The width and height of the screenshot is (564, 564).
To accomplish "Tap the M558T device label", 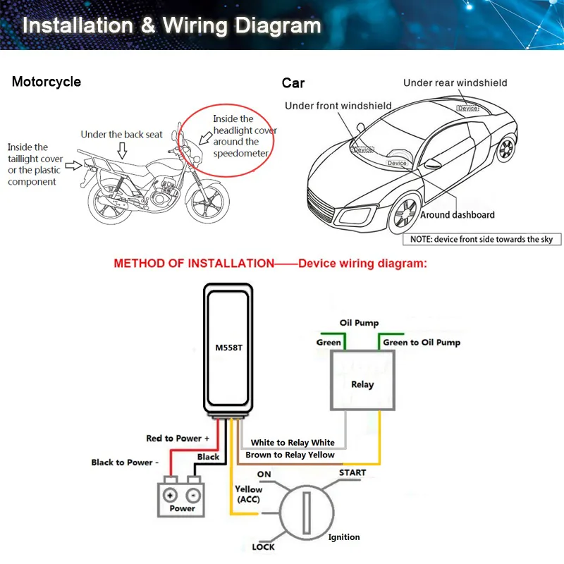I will tap(228, 346).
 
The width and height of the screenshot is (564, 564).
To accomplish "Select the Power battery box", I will tap(183, 496).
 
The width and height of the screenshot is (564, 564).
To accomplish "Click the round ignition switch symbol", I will tap(308, 510).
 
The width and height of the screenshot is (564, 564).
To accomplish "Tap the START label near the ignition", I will tap(352, 472).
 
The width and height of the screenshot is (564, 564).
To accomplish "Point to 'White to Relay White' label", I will tap(293, 443).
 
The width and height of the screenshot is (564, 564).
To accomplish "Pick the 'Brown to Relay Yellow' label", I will tap(290, 455).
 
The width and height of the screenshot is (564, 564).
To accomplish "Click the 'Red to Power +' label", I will tap(178, 439).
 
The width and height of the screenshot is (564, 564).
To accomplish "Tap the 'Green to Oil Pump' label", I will tap(422, 343).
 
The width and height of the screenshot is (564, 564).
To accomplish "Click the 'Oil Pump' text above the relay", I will tap(359, 324).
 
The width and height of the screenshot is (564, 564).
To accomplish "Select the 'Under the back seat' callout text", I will tap(122, 135).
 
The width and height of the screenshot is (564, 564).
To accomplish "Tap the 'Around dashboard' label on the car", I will tap(458, 215).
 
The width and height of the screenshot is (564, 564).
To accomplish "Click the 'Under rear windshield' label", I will tap(455, 83).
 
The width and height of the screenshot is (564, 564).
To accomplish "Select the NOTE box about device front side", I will tap(482, 240).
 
